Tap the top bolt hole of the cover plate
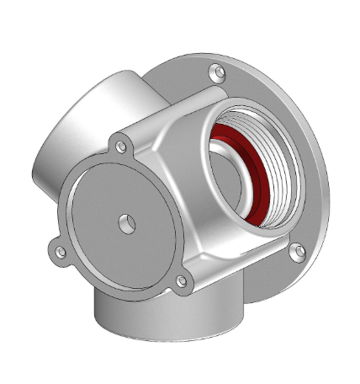pos(122,147)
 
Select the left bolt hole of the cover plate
pos(58,251)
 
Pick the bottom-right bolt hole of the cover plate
pos(180,283)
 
